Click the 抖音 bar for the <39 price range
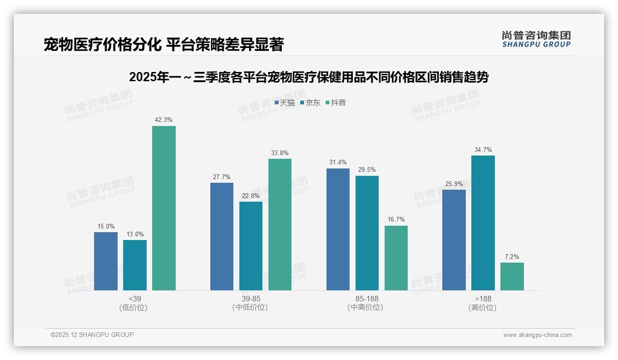(x=164, y=208)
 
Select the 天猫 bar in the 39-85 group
(x=222, y=236)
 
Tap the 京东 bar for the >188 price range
(x=483, y=223)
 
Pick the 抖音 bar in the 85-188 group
(x=396, y=258)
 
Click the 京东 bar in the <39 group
(x=135, y=265)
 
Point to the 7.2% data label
(x=512, y=257)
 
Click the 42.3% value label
(x=164, y=120)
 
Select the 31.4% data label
(x=338, y=162)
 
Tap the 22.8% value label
(x=251, y=196)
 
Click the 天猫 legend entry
(x=285, y=103)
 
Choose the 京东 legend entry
(x=310, y=103)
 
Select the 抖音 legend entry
(x=336, y=103)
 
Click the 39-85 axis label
(x=251, y=299)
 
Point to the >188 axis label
(x=483, y=299)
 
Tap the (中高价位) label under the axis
(x=367, y=307)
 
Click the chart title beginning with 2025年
(x=309, y=78)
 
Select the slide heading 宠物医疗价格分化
(x=164, y=45)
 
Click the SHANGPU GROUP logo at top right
(x=536, y=39)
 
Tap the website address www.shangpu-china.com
(x=537, y=335)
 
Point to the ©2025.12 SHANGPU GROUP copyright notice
(x=92, y=335)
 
